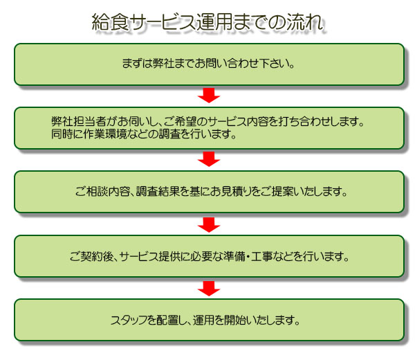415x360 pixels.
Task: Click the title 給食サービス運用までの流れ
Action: click(207, 22)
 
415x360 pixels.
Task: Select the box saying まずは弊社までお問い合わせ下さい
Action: click(209, 64)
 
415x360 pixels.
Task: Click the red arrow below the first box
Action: click(209, 96)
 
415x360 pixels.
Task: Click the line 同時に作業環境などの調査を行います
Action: click(144, 134)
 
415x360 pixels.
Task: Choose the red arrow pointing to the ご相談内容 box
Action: click(209, 159)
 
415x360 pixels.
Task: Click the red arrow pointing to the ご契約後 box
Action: click(209, 225)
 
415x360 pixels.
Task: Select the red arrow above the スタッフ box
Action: click(209, 289)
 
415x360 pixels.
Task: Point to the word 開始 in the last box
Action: click(235, 320)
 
